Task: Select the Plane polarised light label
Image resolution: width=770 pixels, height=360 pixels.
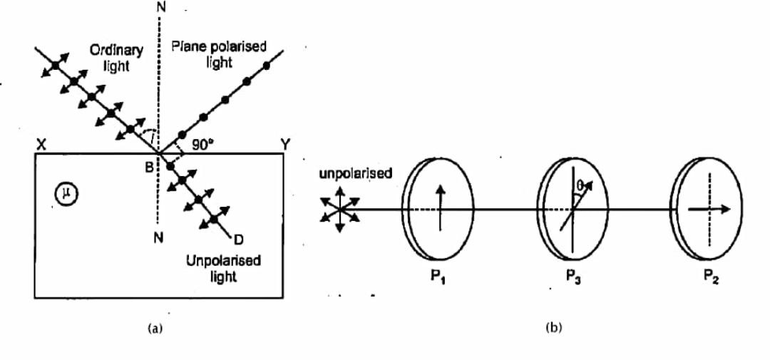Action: (x=220, y=54)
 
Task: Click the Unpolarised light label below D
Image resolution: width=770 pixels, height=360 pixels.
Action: (x=223, y=267)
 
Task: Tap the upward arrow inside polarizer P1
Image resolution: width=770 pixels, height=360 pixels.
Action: (x=441, y=207)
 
